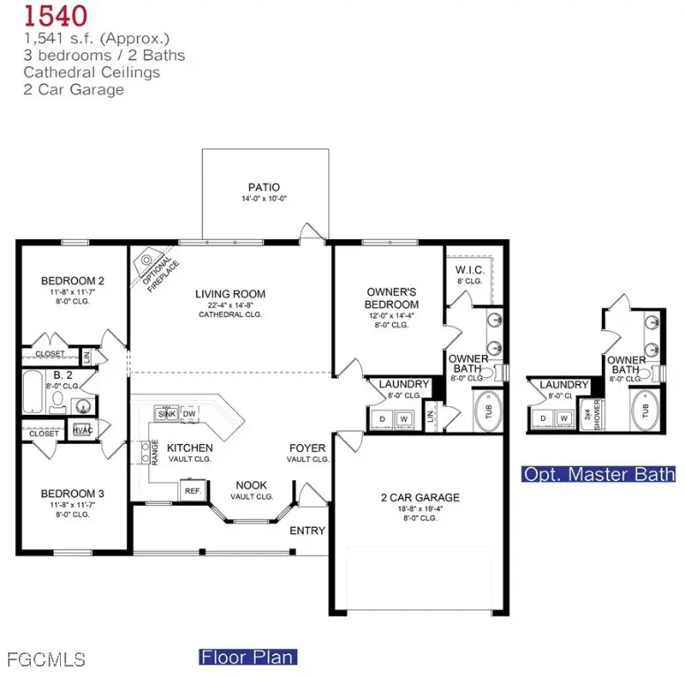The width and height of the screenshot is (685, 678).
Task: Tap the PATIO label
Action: tap(263, 187)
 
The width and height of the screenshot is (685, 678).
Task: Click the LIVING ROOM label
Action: tap(230, 294)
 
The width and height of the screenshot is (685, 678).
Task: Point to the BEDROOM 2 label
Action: tap(72, 281)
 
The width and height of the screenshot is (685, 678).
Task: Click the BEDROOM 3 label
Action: tap(72, 493)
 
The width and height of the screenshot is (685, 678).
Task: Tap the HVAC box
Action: tap(83, 430)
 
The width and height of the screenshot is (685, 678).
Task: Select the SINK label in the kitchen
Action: tap(165, 413)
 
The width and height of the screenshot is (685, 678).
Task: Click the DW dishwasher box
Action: tap(189, 413)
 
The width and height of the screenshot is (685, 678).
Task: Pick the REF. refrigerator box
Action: tap(192, 489)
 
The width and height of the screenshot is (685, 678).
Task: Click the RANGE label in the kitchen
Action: tap(154, 452)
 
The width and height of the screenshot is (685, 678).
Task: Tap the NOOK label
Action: tap(252, 486)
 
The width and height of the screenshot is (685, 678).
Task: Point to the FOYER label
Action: tap(308, 448)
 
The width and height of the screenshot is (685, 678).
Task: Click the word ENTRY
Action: tap(308, 531)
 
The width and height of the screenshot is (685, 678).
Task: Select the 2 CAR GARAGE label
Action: tap(420, 497)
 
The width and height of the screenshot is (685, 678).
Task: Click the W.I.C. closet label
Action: tap(468, 269)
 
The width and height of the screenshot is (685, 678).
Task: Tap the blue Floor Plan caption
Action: tap(248, 657)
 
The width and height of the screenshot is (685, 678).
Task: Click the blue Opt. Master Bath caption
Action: tap(598, 474)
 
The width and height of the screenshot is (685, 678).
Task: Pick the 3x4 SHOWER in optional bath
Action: tap(597, 412)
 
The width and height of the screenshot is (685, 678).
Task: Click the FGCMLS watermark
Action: tap(45, 659)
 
